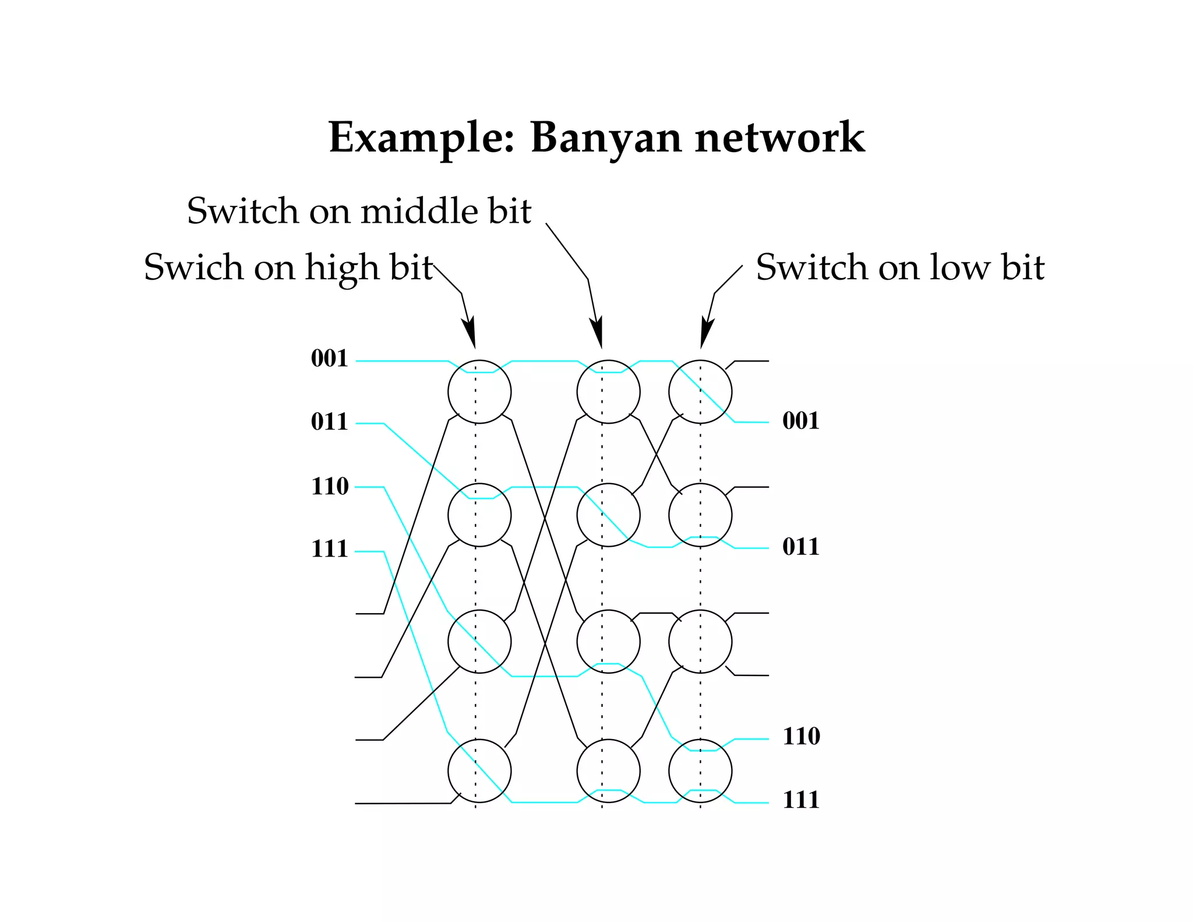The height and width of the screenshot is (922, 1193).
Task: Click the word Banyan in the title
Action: coord(606,138)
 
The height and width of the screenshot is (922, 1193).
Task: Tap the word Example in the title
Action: coord(422,138)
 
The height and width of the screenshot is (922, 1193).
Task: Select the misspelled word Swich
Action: coord(193,268)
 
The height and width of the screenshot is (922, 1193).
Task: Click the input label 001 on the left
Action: coord(329,358)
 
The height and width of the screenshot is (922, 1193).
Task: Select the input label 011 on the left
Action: coord(329,421)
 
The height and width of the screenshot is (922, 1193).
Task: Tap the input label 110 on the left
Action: coord(330,486)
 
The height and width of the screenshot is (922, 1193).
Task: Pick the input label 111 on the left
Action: coord(329,549)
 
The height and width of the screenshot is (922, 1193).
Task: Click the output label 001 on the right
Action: coord(801,421)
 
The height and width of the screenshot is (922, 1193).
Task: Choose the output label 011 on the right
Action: coord(801,547)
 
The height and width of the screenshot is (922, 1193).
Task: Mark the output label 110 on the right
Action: coord(802,736)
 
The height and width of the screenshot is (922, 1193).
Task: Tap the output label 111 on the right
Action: coord(801,800)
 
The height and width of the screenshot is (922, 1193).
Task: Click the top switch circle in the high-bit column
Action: coord(479,392)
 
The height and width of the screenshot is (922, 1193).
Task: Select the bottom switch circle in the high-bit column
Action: coord(479,770)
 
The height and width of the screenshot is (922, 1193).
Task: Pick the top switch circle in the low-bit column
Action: coord(700,392)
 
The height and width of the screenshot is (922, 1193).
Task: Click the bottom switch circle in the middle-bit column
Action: coord(608,770)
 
